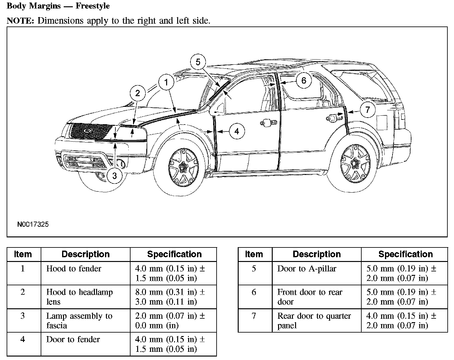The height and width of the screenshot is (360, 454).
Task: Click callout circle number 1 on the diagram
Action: click(166, 82)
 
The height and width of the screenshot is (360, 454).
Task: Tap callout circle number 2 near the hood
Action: click(138, 93)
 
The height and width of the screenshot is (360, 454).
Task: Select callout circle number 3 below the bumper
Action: click(114, 175)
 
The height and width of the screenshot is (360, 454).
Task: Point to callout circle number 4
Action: click(237, 131)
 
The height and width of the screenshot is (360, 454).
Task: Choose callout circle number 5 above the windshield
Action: click(198, 62)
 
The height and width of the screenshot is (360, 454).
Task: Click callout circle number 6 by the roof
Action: click(304, 80)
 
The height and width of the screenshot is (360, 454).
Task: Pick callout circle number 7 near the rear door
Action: click(367, 110)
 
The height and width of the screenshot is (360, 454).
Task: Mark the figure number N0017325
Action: click(33, 224)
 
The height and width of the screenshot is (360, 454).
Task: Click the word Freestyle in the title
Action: click(92, 6)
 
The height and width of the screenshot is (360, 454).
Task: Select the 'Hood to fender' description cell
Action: click(74, 269)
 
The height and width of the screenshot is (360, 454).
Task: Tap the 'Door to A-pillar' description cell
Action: click(306, 269)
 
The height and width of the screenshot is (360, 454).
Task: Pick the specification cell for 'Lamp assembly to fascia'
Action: click(170, 320)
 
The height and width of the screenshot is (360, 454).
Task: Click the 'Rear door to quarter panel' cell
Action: click(314, 320)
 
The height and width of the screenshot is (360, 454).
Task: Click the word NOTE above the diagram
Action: click(20, 21)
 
